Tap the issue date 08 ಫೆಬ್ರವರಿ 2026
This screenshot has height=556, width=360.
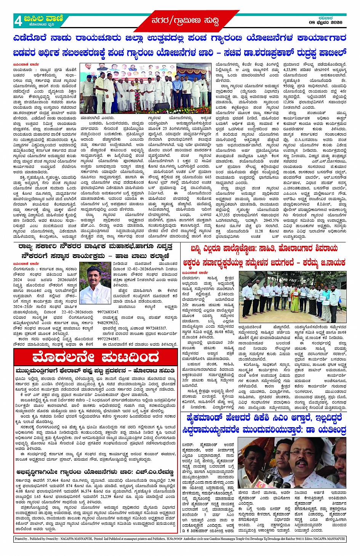[325, 22]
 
